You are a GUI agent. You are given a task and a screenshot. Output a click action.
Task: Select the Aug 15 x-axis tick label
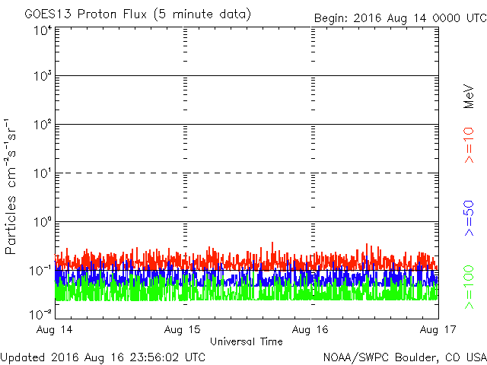(184, 330)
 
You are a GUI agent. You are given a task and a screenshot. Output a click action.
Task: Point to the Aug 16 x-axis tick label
(311, 330)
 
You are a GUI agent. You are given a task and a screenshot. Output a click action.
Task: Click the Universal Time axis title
(246, 341)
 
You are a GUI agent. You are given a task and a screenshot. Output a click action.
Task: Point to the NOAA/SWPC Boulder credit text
(403, 356)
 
